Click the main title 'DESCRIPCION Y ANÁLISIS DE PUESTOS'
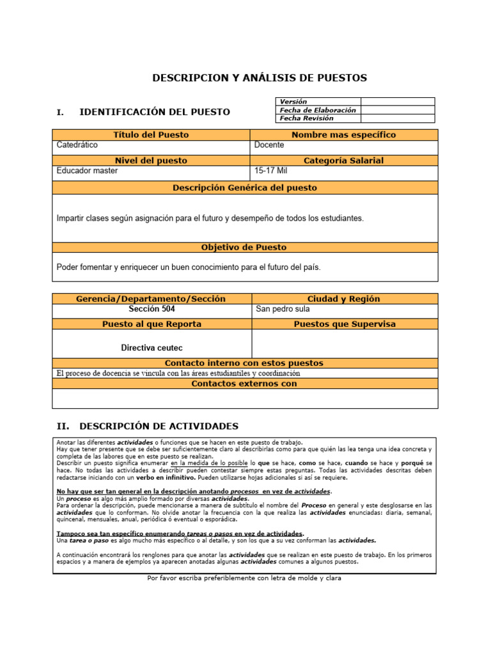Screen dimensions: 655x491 [x=260, y=78]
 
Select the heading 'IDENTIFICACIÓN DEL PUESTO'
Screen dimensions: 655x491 [x=154, y=112]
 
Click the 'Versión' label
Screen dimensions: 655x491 [x=293, y=102]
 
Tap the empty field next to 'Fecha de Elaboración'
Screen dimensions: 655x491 [x=397, y=110]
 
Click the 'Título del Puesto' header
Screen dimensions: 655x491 [x=151, y=135]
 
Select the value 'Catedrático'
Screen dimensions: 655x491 [x=77, y=145]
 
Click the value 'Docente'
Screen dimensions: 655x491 [x=269, y=145]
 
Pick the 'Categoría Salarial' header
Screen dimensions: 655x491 [x=343, y=161]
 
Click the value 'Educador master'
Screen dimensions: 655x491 [x=87, y=171]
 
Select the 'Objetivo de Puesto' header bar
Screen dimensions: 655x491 [x=244, y=247]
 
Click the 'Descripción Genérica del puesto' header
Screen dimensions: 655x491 [x=244, y=188]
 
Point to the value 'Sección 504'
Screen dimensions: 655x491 [x=152, y=309]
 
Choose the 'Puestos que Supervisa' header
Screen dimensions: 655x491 [x=344, y=324]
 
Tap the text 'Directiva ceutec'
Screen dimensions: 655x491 [x=152, y=349]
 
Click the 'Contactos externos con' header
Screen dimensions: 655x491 [x=244, y=384]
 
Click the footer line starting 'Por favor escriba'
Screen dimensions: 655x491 [x=244, y=578]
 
